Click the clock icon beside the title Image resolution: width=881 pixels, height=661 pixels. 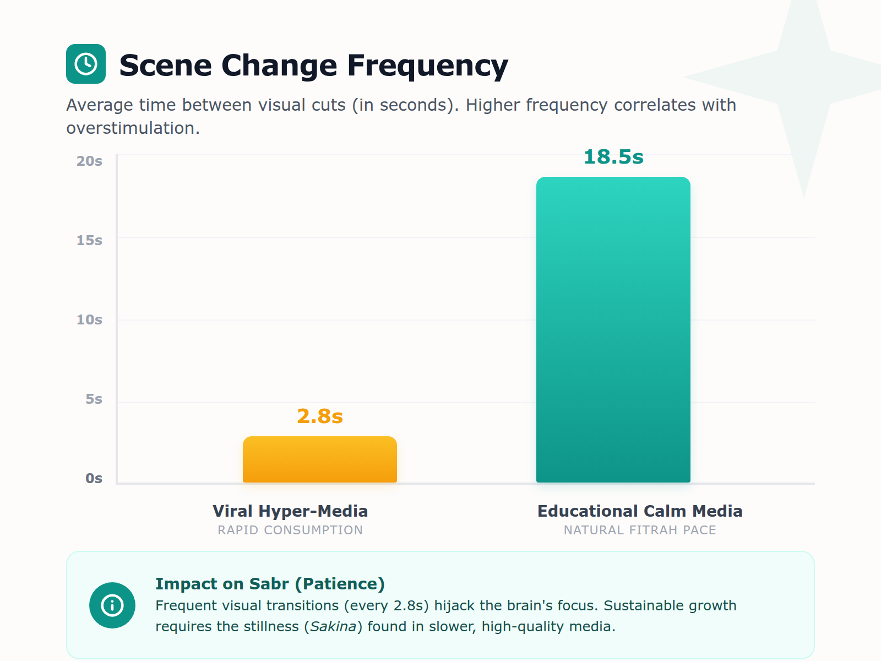[86, 64]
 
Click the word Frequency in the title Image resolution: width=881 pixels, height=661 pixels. [427, 66]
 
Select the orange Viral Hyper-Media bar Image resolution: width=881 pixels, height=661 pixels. [319, 460]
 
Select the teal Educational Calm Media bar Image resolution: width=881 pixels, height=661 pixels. [613, 330]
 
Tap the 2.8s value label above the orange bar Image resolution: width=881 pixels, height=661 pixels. [319, 416]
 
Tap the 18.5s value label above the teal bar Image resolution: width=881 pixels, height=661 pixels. [613, 157]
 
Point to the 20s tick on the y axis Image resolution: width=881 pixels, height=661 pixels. [89, 161]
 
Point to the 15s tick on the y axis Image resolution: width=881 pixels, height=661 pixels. [89, 241]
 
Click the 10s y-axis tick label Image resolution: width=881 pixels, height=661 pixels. [89, 320]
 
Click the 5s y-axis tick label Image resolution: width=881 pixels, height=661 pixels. [94, 399]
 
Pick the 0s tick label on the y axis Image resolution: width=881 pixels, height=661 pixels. [94, 479]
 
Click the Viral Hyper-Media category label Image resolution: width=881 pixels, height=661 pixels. [290, 511]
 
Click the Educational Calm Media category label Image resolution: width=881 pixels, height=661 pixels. [639, 511]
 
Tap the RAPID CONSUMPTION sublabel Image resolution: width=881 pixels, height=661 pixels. [290, 530]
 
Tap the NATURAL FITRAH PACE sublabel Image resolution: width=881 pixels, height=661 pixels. [639, 530]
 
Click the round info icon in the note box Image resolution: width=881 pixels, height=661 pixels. [112, 605]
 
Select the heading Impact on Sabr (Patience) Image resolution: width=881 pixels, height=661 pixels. [270, 584]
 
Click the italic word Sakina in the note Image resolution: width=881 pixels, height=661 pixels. [333, 627]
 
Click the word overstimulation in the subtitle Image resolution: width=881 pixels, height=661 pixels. [133, 128]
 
